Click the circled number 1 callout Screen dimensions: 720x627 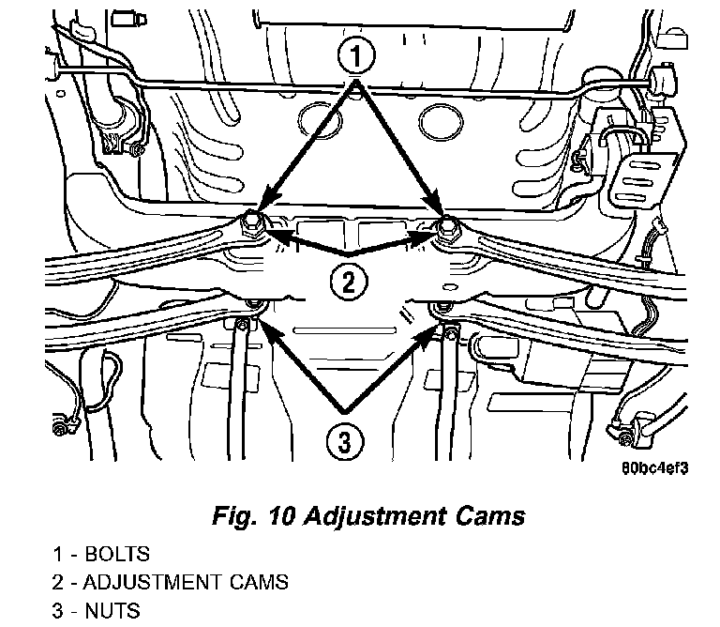point(356,55)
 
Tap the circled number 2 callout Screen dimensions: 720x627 point(349,281)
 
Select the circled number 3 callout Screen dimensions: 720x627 point(345,442)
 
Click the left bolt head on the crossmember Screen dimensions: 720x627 point(250,223)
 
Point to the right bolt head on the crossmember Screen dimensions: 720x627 point(445,226)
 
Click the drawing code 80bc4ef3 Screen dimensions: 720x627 point(654,468)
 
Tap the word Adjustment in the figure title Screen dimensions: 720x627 point(375,515)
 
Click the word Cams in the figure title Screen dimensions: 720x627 point(490,515)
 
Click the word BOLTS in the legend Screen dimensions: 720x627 point(117,554)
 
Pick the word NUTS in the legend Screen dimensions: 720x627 point(112,611)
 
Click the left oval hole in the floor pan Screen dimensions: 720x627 point(320,120)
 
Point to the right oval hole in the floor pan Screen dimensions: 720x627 point(441,120)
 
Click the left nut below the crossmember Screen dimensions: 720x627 point(253,305)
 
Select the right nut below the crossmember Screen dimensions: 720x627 point(443,307)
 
